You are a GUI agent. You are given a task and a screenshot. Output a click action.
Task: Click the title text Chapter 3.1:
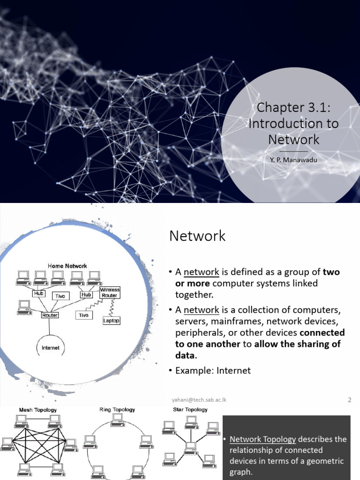293,107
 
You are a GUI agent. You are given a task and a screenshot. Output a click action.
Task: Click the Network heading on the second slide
197,236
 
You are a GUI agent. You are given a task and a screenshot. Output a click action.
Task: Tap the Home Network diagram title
67,265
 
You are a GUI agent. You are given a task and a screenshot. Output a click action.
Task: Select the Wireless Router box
110,292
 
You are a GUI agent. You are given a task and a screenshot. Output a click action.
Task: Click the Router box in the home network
49,315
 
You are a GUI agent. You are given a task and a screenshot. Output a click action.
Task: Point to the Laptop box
111,321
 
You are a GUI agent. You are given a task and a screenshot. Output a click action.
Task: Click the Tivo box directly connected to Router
83,315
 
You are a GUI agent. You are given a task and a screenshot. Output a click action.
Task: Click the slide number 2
350,400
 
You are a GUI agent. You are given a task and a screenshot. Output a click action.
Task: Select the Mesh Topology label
38,410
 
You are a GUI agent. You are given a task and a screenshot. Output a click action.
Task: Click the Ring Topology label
117,409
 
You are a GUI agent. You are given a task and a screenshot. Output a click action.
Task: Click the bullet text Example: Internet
213,370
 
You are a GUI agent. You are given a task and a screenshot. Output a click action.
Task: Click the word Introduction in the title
278,123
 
